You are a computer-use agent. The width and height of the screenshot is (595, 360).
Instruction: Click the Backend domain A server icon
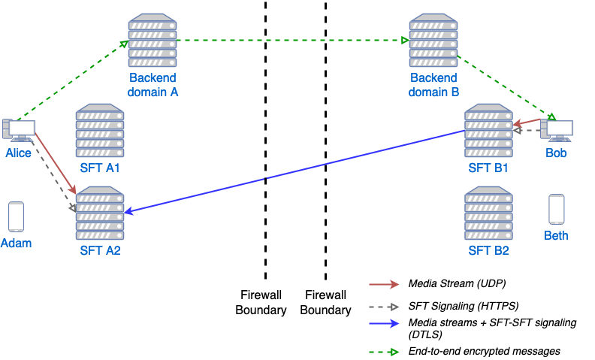153,42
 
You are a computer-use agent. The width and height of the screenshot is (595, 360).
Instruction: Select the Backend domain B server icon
433,42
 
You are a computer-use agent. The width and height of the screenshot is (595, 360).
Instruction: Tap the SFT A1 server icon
99,131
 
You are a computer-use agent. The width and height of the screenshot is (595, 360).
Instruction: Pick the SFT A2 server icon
99,213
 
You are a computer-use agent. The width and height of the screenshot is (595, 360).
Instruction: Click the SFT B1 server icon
488,131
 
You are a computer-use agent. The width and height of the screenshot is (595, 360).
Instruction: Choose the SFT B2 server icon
488,213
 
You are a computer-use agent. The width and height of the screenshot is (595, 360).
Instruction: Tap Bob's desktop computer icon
557,131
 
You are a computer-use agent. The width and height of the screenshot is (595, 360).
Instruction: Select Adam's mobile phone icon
16,216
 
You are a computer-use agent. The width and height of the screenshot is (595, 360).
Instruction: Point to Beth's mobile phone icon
556,209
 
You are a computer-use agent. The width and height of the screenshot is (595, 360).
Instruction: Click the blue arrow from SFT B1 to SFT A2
293,172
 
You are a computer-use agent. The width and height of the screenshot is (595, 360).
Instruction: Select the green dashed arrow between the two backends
293,40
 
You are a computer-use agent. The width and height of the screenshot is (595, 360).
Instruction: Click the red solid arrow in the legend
384,284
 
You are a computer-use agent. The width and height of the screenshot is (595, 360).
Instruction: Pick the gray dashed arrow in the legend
384,307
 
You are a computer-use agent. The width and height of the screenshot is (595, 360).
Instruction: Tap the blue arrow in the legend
384,324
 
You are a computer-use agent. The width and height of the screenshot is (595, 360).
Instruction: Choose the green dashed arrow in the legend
384,352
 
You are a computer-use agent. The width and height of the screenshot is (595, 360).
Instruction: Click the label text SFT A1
100,168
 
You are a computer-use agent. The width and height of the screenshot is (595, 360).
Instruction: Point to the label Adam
16,243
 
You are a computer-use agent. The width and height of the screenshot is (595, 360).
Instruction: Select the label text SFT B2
488,250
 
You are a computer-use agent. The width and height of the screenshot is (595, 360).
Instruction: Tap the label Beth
556,235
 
